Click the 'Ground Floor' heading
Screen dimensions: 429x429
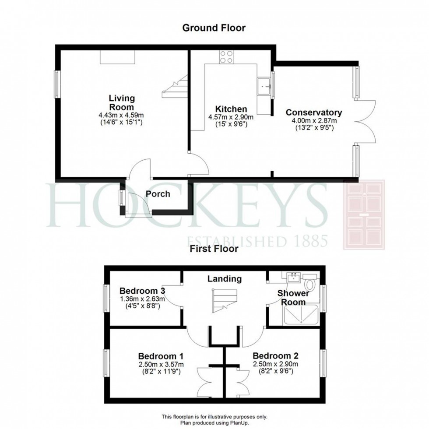(214, 28)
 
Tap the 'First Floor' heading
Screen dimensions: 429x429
(214, 249)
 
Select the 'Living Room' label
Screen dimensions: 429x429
(122, 103)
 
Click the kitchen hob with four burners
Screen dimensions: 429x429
(226, 56)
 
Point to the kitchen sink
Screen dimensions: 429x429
(264, 86)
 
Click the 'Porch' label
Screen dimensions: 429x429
(158, 193)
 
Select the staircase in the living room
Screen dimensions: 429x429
(175, 86)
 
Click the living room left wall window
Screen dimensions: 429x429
(57, 84)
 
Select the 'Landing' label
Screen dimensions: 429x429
(224, 278)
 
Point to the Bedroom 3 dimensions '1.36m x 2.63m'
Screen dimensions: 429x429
(142, 299)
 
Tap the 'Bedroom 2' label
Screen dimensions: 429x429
(275, 355)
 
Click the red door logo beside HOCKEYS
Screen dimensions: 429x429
(364, 214)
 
